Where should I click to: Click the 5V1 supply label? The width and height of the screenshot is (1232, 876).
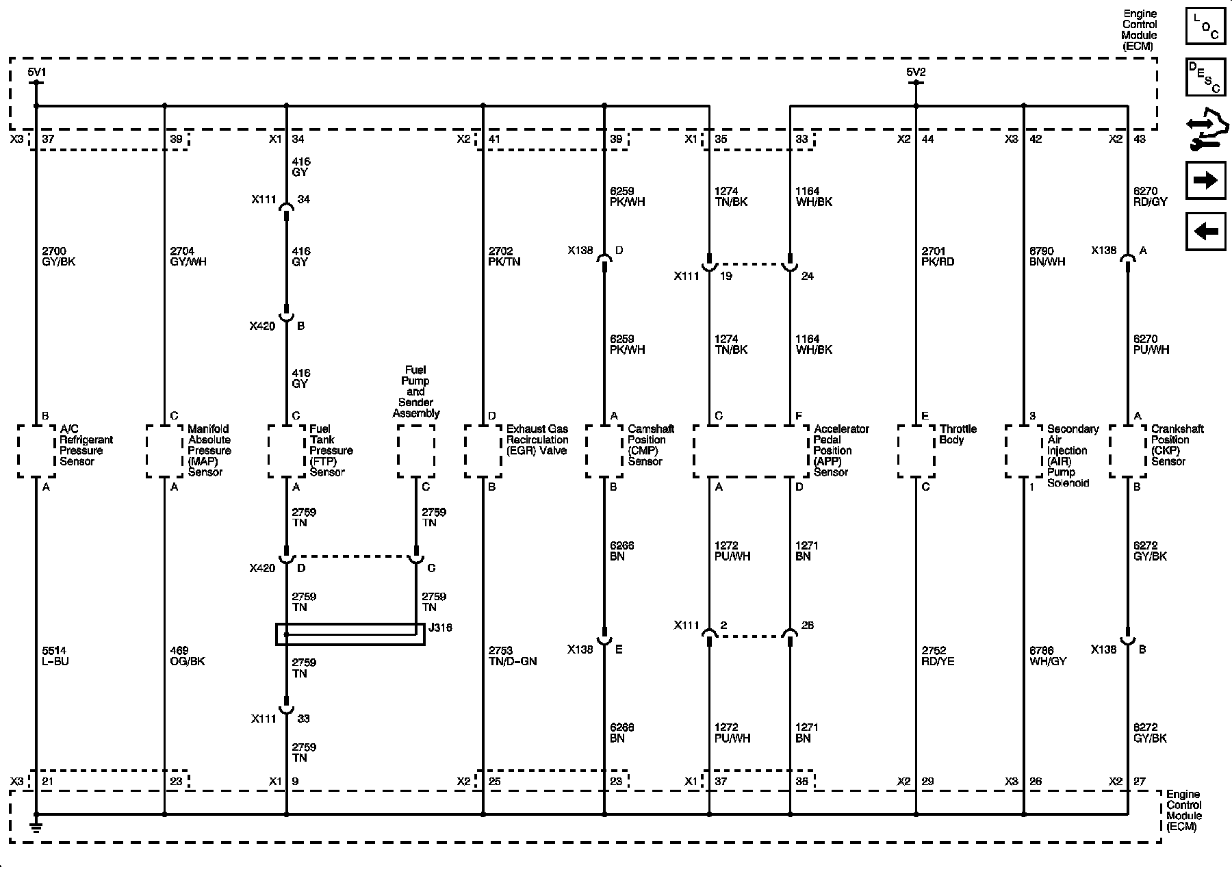pyautogui.click(x=37, y=72)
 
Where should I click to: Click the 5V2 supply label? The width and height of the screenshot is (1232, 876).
pyautogui.click(x=916, y=72)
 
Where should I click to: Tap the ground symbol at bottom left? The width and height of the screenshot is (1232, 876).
pyautogui.click(x=36, y=828)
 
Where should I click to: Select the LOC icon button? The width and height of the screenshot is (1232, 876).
pyautogui.click(x=1205, y=27)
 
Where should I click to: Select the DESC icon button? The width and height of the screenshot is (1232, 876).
pyautogui.click(x=1205, y=77)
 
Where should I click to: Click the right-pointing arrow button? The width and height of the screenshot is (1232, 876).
pyautogui.click(x=1205, y=180)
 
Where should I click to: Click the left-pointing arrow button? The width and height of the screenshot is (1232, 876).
pyautogui.click(x=1205, y=231)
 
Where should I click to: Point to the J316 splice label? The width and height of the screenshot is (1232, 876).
pyautogui.click(x=439, y=628)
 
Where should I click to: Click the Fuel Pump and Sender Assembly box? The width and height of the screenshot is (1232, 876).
pyautogui.click(x=416, y=451)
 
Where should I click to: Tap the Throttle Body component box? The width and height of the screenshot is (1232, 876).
pyautogui.click(x=916, y=451)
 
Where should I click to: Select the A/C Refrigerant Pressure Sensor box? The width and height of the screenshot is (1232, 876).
pyautogui.click(x=36, y=451)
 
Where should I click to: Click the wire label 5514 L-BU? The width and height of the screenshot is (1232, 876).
pyautogui.click(x=55, y=656)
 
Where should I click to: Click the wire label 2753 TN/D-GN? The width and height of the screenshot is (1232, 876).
pyautogui.click(x=513, y=656)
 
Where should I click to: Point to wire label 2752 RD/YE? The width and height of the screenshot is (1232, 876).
pyautogui.click(x=938, y=656)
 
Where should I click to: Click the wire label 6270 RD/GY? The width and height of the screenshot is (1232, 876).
pyautogui.click(x=1151, y=196)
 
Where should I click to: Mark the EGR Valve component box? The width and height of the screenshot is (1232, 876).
pyautogui.click(x=483, y=451)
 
